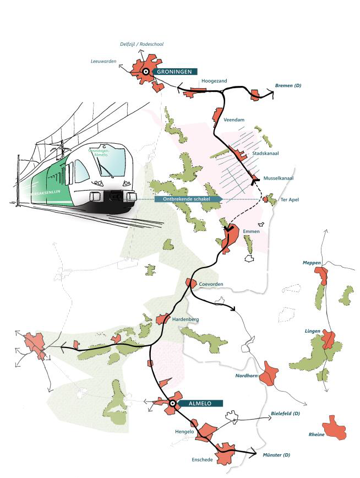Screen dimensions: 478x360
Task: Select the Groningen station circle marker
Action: click(x=146, y=72)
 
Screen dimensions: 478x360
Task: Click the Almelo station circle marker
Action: click(x=172, y=404)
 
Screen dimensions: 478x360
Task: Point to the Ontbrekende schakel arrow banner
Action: click(x=187, y=199)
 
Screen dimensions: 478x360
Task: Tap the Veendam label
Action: click(x=234, y=119)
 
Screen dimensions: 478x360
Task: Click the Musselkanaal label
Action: click(x=279, y=178)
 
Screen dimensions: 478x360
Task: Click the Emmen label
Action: click(x=251, y=231)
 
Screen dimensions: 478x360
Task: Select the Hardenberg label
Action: click(x=185, y=319)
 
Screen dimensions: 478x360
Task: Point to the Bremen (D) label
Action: click(x=288, y=86)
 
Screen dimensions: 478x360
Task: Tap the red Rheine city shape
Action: click(x=335, y=427)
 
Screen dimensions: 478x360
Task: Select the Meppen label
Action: click(x=312, y=263)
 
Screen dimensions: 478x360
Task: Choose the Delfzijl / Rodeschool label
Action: click(x=142, y=44)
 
